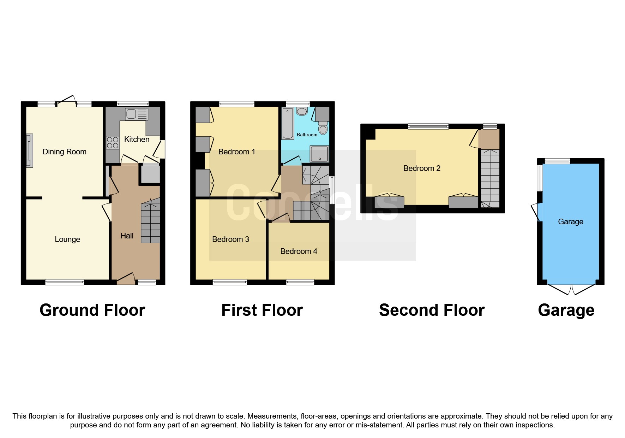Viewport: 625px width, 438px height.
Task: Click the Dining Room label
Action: pos(64,152)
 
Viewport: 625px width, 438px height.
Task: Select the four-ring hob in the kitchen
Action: pos(113,143)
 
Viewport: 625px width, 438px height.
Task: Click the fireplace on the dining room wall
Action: pos(30,150)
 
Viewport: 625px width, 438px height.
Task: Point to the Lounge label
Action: pos(67,239)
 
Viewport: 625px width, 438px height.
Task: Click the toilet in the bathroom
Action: pos(323,128)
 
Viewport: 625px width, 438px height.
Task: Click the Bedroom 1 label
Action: pos(236,152)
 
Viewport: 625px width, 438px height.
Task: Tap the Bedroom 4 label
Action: pos(299,251)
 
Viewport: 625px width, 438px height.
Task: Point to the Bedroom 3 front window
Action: pos(230,282)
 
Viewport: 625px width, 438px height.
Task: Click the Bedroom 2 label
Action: pos(422,168)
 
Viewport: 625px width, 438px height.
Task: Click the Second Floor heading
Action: pos(432,310)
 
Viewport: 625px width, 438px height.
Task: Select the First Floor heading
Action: pos(262,310)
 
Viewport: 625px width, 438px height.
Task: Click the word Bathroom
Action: pos(307,135)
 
